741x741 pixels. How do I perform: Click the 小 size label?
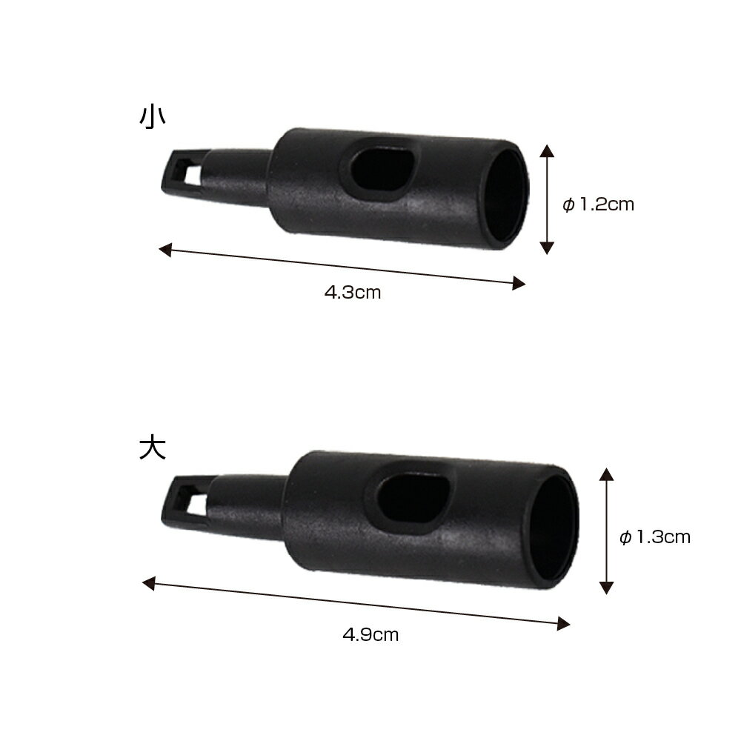pos(152,117)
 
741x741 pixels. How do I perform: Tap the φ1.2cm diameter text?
pos(598,205)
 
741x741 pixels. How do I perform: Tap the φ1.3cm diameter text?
pos(655,536)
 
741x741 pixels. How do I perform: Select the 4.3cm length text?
pos(353,292)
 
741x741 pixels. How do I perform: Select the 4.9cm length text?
pos(370,634)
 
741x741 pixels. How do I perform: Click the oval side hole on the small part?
pos(384,170)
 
